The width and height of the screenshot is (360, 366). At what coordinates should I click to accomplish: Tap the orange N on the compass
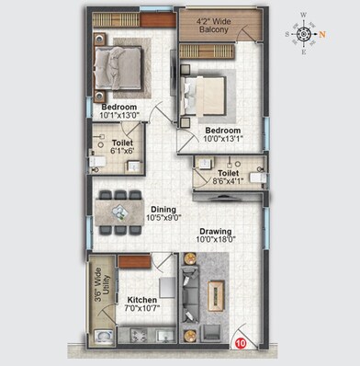(x=322, y=34)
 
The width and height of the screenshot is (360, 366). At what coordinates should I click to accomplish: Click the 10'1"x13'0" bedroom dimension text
(x=119, y=116)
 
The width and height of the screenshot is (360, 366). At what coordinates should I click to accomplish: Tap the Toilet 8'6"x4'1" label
(x=229, y=177)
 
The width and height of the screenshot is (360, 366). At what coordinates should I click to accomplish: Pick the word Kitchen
(x=142, y=301)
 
